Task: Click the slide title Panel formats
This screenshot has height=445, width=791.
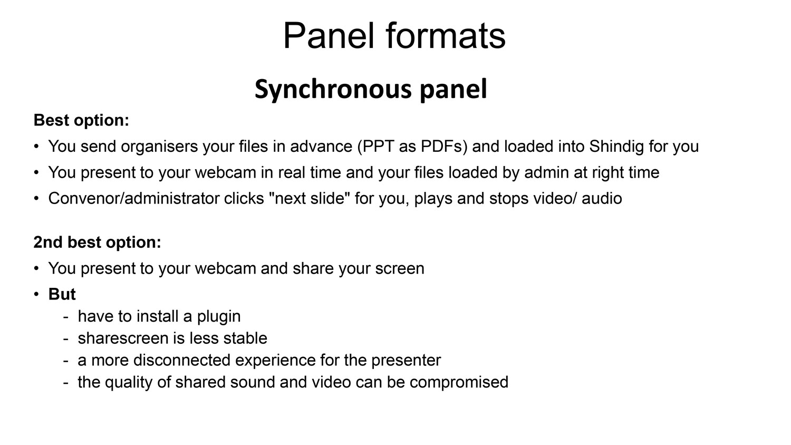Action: point(394,36)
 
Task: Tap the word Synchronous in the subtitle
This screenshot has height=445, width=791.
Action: point(333,89)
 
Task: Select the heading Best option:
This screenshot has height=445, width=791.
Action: point(81,120)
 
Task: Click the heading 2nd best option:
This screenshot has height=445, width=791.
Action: point(97,243)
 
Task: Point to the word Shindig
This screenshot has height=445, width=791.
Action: point(616,147)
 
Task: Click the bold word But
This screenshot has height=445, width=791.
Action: point(62,294)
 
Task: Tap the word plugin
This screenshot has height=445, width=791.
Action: point(219,316)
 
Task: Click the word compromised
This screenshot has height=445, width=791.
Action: point(459,382)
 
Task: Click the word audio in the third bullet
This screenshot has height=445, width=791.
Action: point(602,198)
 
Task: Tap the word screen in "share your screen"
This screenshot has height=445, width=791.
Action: point(399,268)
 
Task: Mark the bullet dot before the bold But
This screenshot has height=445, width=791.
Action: point(36,294)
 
